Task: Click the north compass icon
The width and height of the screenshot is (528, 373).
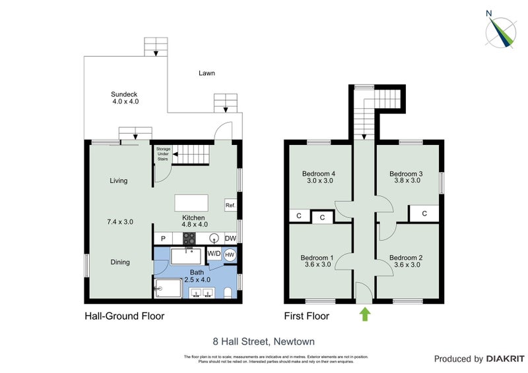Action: coord(500,30)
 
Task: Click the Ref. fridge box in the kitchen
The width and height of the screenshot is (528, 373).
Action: coord(230,205)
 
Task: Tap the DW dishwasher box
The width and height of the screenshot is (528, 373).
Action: coord(230,239)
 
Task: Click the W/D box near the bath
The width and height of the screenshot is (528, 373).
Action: coord(214,254)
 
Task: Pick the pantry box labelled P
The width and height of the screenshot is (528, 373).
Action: coord(162,239)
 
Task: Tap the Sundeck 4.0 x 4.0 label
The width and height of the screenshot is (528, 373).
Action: coord(125,99)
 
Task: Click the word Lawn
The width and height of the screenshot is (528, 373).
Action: coord(207,73)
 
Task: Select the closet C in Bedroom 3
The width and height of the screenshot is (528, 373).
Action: coord(424,213)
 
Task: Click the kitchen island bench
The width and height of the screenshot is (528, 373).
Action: coord(191,202)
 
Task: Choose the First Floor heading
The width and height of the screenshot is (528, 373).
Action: coord(306,316)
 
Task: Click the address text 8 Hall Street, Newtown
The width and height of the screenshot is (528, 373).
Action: coord(263,341)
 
